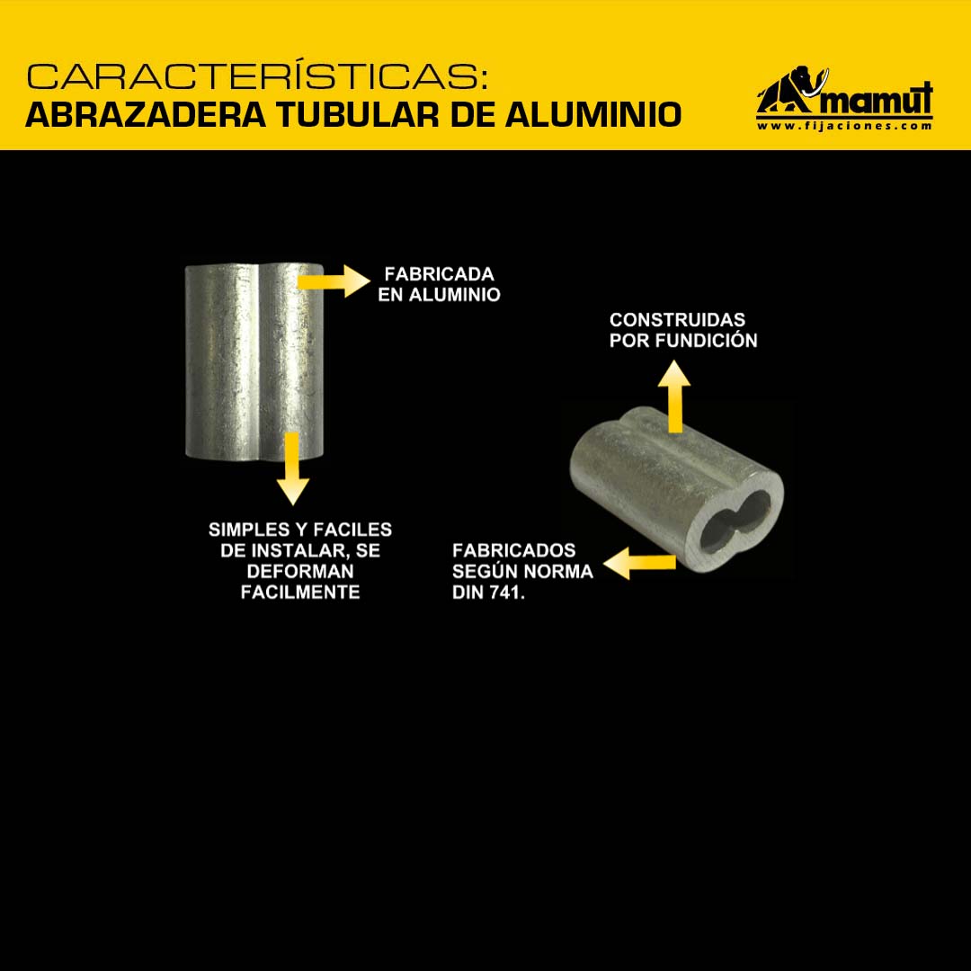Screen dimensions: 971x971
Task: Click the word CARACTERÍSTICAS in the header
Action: (x=257, y=76)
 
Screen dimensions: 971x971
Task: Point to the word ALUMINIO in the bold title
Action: (x=592, y=114)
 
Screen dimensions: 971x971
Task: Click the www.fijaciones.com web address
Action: (x=844, y=126)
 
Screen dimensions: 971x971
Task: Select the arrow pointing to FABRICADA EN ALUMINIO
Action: (x=334, y=281)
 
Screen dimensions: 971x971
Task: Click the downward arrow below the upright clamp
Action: (x=292, y=468)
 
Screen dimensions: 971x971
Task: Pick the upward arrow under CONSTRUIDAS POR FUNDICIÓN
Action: (x=674, y=396)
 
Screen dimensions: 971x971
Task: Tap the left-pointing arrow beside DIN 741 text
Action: (x=640, y=562)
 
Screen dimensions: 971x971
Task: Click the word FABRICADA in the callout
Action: (x=439, y=273)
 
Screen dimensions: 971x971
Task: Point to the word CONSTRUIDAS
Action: (x=677, y=319)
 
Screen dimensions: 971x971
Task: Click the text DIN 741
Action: (x=488, y=592)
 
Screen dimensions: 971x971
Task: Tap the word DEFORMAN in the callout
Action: (x=300, y=571)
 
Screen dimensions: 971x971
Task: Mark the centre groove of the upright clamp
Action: (x=259, y=362)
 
